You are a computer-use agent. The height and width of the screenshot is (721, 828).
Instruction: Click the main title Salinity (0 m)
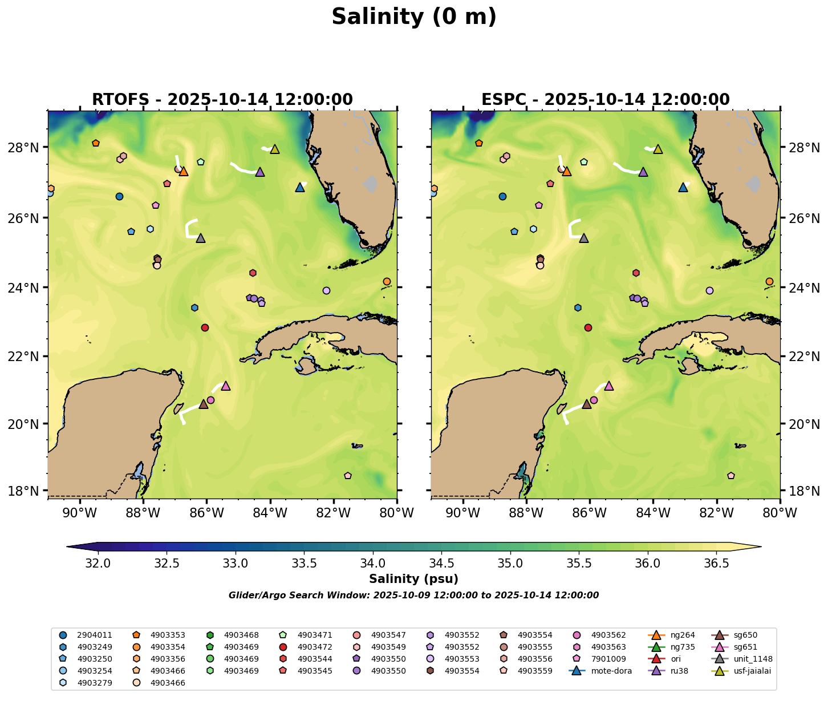click(x=414, y=17)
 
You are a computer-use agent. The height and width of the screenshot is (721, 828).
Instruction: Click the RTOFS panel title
click(x=222, y=99)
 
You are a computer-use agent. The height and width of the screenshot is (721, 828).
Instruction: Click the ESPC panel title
click(x=605, y=99)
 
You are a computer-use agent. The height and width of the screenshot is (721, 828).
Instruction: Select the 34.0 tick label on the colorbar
click(x=372, y=564)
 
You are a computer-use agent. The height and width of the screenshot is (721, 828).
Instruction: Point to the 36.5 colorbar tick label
click(x=716, y=564)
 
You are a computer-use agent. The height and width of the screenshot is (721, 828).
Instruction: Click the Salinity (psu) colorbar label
click(x=413, y=579)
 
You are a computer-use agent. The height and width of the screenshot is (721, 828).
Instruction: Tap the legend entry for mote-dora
click(x=611, y=671)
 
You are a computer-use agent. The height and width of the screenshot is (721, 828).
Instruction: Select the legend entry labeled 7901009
click(x=608, y=659)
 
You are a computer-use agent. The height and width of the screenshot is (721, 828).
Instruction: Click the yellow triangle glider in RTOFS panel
click(x=275, y=149)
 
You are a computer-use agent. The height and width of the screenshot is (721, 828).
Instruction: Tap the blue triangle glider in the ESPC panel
click(x=683, y=187)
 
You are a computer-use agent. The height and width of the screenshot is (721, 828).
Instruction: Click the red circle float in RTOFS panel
click(x=205, y=327)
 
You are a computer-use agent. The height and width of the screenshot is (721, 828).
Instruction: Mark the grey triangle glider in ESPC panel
click(x=583, y=238)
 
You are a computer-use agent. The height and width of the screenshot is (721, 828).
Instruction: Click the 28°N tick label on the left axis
click(x=26, y=148)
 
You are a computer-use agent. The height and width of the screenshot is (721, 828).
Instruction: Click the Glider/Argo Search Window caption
click(x=413, y=595)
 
